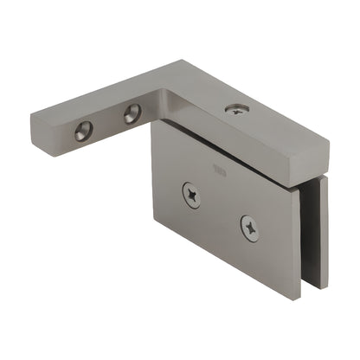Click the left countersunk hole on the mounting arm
click(84, 131)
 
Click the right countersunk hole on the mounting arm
click(132, 113)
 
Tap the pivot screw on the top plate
click(235, 108)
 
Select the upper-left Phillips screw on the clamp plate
click(191, 195)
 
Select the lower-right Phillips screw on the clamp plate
click(249, 228)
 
